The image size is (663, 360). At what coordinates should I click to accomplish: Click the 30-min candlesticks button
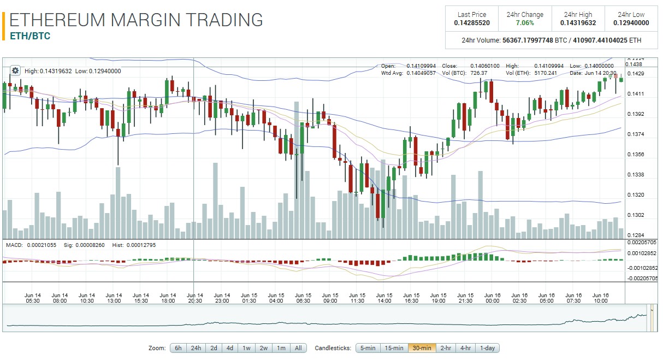pos(422,348)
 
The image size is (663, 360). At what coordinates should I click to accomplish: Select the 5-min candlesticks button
pos(368,348)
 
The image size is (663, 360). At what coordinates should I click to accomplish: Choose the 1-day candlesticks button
pos(487,348)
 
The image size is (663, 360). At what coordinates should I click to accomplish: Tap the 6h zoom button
pos(178,348)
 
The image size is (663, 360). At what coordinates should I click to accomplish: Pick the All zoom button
pos(298,348)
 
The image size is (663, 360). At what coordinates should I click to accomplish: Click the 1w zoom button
pos(247,348)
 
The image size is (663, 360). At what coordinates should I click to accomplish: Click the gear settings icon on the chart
pos(15,70)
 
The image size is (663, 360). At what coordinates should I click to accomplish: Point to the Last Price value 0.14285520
pos(472,23)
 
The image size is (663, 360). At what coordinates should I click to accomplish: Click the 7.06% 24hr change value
pos(524,23)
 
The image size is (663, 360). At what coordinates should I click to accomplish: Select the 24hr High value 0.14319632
pos(578,23)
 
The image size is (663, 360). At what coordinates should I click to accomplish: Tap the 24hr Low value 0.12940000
pos(631,23)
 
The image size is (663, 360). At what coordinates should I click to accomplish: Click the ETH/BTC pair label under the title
pos(30,36)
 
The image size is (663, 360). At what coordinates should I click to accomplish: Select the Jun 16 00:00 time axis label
pos(492,298)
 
